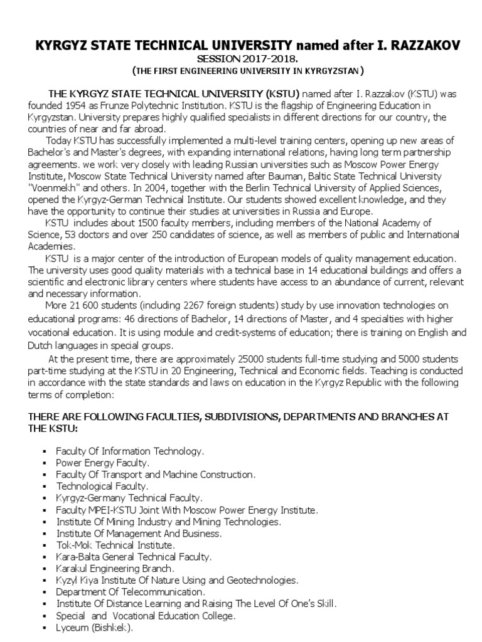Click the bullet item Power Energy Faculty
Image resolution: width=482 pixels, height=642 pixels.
point(103,463)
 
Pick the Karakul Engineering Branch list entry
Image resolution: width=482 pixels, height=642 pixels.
point(114,568)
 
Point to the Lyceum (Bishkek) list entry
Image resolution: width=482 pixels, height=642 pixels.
point(95,627)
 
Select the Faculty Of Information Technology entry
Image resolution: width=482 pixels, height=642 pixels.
point(130,451)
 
